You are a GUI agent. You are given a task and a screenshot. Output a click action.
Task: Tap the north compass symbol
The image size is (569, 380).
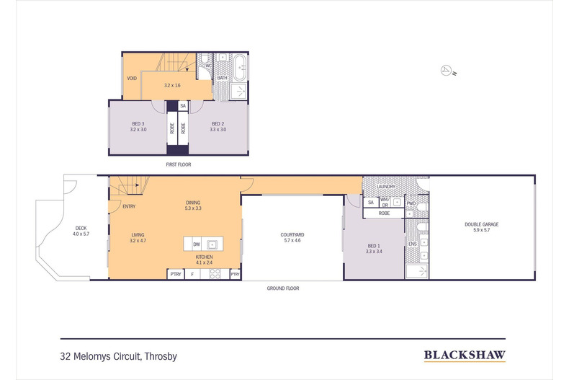click(x=447, y=70)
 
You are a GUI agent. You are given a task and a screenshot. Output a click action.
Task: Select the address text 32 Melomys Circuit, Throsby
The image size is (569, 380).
click(x=118, y=355)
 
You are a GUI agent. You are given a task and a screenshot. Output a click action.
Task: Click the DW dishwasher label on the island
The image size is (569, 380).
click(x=196, y=244)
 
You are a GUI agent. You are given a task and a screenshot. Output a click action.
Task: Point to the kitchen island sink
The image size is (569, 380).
click(x=213, y=244)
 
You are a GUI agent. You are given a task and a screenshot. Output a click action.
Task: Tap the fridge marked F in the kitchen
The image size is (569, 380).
click(x=193, y=274)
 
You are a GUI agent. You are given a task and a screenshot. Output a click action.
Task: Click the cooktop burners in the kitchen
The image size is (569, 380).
click(x=214, y=274)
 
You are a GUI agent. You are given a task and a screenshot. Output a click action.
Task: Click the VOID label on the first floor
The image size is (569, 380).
click(x=132, y=79)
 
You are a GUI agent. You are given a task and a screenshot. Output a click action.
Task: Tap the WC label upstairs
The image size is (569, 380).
click(x=209, y=66)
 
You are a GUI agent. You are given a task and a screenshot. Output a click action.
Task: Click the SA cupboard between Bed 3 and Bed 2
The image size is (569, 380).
click(x=183, y=106)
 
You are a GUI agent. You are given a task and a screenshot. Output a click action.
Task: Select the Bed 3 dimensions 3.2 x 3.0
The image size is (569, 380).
click(x=138, y=130)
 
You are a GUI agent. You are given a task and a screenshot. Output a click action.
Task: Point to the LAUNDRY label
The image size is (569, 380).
click(x=386, y=187)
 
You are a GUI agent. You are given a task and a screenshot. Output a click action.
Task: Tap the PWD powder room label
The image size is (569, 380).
click(x=411, y=203)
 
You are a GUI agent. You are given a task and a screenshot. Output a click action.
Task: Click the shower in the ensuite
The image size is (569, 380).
click(x=416, y=271)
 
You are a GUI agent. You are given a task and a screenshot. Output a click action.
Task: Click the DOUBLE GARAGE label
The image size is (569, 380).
click(x=482, y=224)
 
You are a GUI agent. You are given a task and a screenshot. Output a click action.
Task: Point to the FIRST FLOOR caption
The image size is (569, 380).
click(x=177, y=164)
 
